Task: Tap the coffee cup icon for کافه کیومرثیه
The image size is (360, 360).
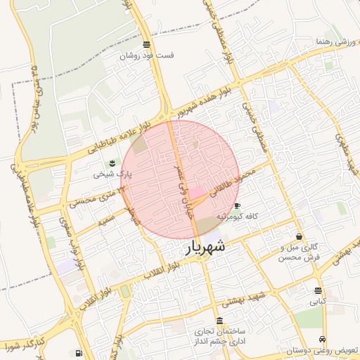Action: pyautogui.click(x=236, y=206)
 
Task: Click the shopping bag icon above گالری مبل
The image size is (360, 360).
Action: pyautogui.click(x=301, y=237)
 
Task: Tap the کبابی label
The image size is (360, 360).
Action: pyautogui.click(x=318, y=302)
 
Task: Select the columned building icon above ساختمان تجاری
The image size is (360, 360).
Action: pyautogui.click(x=220, y=321)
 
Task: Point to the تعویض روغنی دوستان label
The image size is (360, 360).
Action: pyautogui.click(x=321, y=349)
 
